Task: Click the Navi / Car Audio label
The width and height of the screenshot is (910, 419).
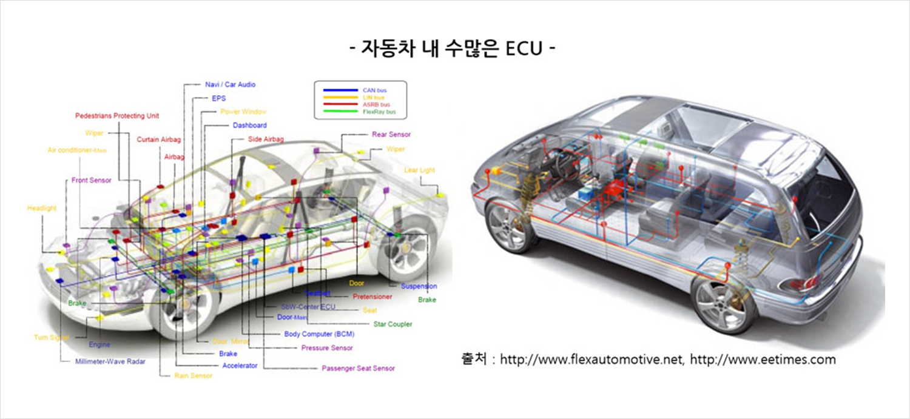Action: tap(230, 85)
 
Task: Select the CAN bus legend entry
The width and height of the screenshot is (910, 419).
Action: tap(374, 90)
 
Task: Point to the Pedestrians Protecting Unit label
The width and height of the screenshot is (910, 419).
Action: tap(117, 116)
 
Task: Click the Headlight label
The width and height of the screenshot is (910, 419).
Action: tap(42, 209)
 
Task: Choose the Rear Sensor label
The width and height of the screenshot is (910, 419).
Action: tap(391, 135)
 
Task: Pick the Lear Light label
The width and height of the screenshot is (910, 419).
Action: tap(419, 170)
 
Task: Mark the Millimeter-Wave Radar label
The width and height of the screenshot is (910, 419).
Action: tap(110, 361)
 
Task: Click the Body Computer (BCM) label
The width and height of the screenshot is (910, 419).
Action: tap(319, 334)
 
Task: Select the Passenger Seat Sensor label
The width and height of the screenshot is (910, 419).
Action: tap(358, 368)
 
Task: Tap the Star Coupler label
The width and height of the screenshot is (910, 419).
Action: tap(393, 324)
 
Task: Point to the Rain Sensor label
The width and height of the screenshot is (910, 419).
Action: tap(193, 376)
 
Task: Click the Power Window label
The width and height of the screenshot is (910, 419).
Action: tap(243, 112)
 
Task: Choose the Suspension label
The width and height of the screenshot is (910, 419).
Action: tap(419, 286)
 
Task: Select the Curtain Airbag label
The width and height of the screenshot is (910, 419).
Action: tap(158, 139)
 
